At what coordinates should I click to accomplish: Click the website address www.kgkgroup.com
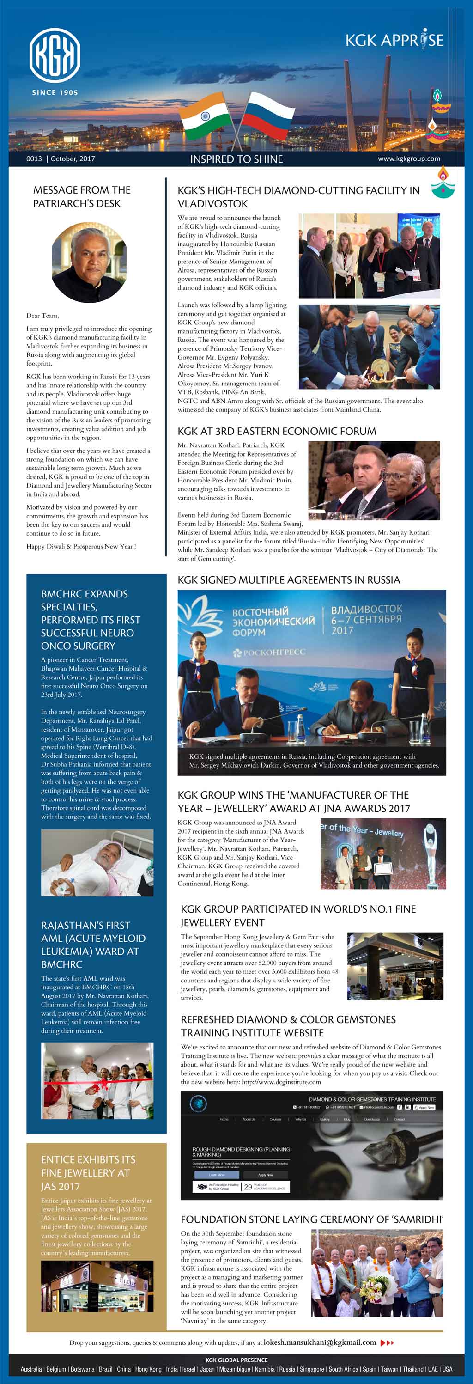coord(409,159)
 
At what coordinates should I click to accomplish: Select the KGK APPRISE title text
coord(394,40)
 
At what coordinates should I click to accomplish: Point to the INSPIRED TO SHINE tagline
coord(236,159)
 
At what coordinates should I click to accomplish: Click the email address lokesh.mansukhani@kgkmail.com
coord(320,1342)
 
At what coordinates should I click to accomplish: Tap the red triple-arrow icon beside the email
coord(387,1342)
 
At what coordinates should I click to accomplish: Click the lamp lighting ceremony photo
coord(369,347)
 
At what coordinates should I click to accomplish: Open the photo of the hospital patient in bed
coord(97,862)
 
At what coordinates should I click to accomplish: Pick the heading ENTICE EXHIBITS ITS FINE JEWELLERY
coord(88,1173)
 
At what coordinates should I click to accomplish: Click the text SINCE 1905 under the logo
coord(55,92)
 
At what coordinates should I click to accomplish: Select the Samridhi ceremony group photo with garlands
coord(377,1273)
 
